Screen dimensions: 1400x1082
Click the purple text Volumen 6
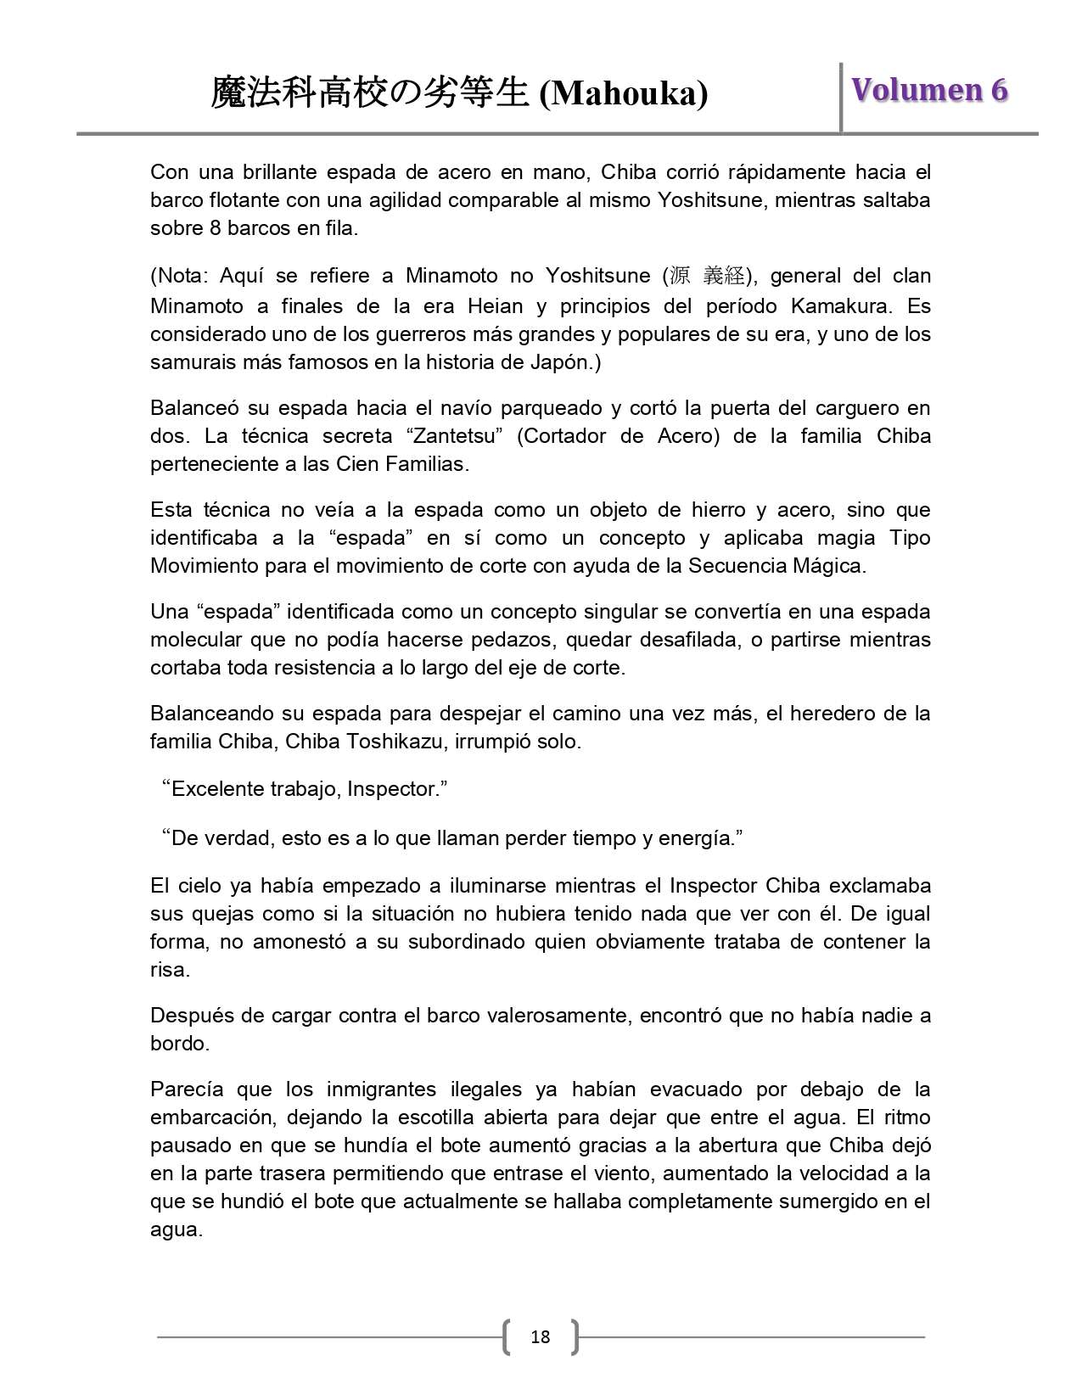[x=929, y=90]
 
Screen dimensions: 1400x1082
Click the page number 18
[x=540, y=1337]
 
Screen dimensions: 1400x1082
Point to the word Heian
[x=499, y=305]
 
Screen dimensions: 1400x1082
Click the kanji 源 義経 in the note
[x=706, y=276]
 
